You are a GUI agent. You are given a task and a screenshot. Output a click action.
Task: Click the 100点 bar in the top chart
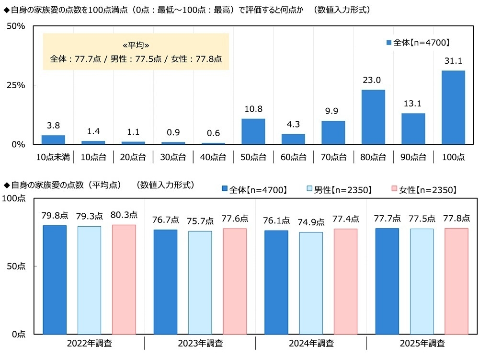tap(453, 107)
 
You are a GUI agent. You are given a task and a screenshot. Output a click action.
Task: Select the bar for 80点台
tap(373, 117)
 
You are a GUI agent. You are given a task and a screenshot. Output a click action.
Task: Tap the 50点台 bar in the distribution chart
tap(253, 131)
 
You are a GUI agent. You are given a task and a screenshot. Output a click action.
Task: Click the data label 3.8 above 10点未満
tap(53, 126)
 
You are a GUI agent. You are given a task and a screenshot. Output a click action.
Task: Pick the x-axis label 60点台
tap(293, 157)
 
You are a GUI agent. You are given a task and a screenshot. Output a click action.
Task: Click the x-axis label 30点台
tap(173, 157)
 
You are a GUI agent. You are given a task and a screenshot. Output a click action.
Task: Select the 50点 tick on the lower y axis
tap(14, 266)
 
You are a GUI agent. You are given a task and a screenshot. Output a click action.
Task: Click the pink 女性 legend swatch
tap(395, 190)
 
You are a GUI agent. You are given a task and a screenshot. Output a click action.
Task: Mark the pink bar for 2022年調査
tap(124, 279)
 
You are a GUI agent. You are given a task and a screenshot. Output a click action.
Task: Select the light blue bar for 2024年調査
tap(311, 283)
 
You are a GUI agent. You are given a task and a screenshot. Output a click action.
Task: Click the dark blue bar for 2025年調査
tap(387, 281)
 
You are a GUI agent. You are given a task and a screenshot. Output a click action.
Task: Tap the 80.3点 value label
tap(124, 215)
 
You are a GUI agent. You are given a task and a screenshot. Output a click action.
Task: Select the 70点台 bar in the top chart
tap(333, 132)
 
